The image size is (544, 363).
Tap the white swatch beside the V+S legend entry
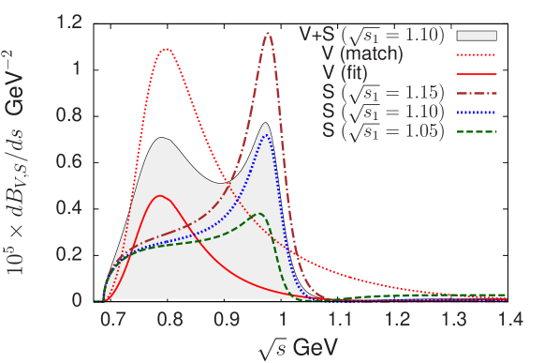(x=477, y=36)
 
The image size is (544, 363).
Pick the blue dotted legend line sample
(x=477, y=111)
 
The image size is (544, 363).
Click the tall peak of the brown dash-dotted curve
(x=269, y=34)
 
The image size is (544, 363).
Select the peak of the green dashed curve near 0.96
(x=259, y=215)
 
